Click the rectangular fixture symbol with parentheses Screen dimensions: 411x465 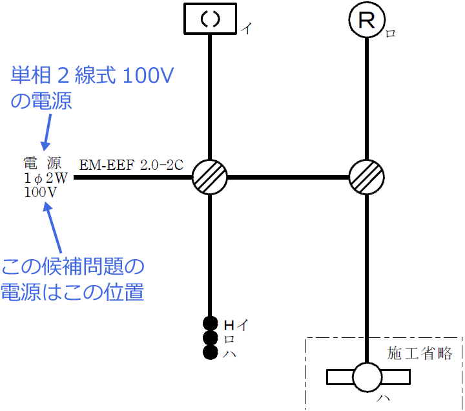[211, 18]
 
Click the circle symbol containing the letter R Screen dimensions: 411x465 [367, 21]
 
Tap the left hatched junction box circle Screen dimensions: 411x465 [211, 176]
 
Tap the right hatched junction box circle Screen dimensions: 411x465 [367, 176]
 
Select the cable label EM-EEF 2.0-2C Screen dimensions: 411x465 [132, 165]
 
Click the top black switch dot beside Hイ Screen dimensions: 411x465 [209, 324]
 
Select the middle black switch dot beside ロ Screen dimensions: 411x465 [209, 338]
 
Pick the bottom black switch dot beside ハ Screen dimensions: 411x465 [209, 352]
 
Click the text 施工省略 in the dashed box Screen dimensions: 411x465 [420, 353]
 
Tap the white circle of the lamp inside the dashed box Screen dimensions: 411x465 [367, 377]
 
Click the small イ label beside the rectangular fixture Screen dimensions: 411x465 [245, 29]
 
